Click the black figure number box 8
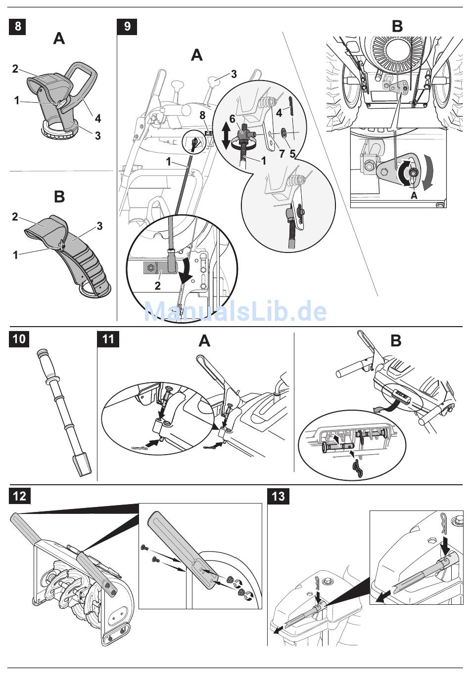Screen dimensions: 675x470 coord(18,26)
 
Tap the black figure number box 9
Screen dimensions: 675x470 coord(127,26)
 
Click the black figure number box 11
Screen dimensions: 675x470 coord(108,339)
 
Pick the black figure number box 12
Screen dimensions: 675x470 coord(20,496)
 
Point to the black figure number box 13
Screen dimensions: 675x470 coord(279,496)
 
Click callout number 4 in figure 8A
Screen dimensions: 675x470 coord(98,118)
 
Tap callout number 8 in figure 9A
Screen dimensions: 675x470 coord(201,116)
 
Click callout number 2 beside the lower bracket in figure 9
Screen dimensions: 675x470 coord(157,286)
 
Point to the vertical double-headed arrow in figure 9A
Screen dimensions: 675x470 coord(226,136)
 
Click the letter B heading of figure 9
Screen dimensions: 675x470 coord(397,26)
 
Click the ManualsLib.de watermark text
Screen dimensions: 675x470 coord(235,311)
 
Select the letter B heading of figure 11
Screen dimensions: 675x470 coord(396,340)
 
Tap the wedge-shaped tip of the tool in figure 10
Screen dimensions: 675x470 coord(83,465)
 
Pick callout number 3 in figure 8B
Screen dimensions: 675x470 coord(99,226)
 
